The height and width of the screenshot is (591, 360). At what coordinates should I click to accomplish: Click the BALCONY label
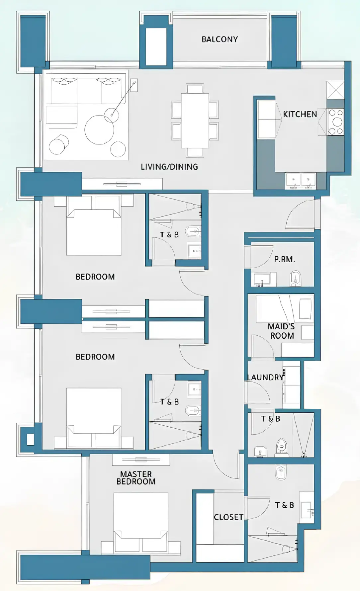point(220,39)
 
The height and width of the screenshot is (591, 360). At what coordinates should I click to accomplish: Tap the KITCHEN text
point(300,114)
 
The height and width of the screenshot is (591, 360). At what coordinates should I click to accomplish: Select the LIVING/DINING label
point(169,167)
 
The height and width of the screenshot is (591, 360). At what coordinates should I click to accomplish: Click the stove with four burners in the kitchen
point(335,122)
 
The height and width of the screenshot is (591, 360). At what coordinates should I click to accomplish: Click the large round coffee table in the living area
point(99,130)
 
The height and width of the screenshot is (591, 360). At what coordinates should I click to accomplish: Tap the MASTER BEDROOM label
point(136,478)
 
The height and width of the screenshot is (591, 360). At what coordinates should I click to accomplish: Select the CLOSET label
point(228,517)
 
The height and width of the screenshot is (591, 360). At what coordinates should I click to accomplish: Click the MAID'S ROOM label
point(282,331)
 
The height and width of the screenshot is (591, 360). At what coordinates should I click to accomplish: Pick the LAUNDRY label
point(265,377)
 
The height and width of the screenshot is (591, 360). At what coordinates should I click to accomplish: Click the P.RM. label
point(284,259)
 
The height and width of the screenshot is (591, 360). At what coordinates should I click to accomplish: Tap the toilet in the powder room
point(295,278)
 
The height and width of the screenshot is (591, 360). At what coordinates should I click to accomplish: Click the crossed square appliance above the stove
point(335,90)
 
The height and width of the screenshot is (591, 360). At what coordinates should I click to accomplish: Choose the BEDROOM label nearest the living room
point(95,277)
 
